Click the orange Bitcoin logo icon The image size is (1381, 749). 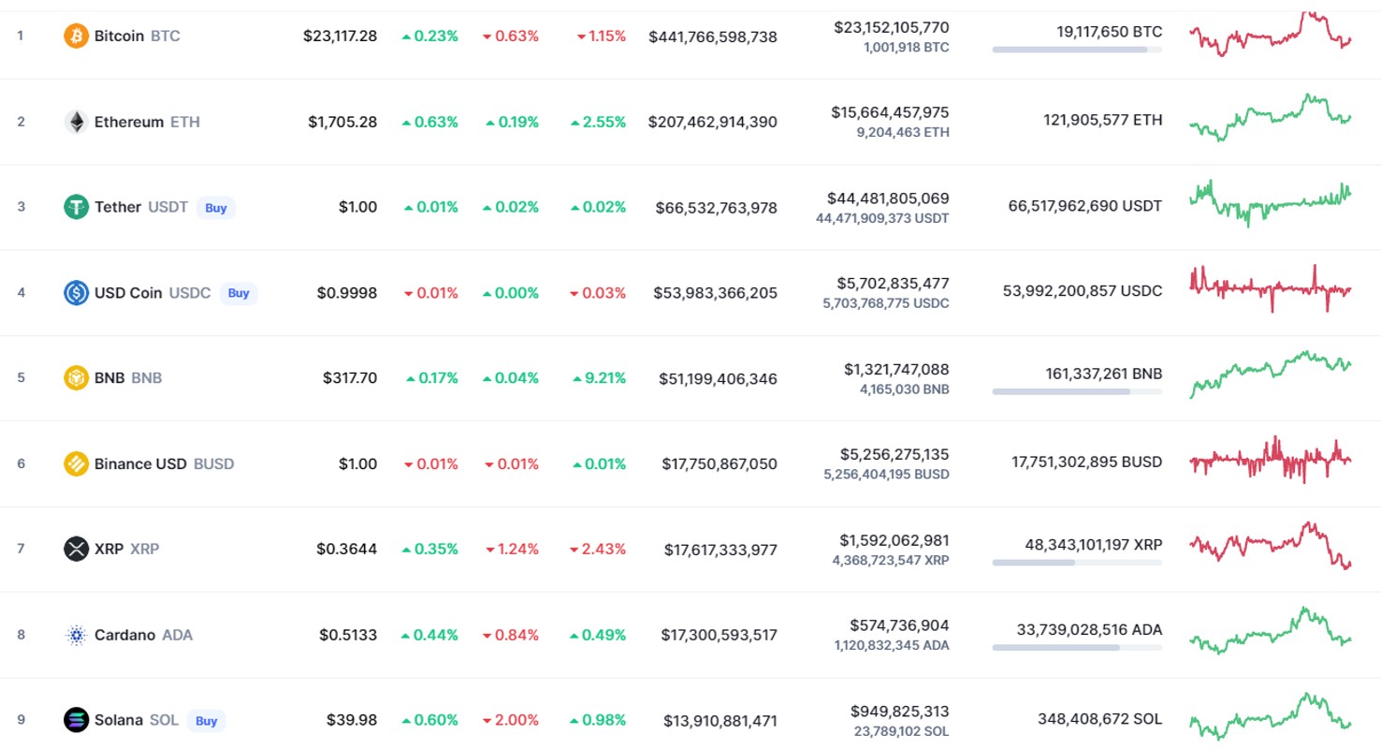point(76,36)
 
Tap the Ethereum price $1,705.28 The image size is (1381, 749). point(342,122)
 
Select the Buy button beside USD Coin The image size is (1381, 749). point(239,293)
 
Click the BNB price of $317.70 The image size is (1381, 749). point(350,377)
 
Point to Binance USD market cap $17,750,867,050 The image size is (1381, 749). point(719,464)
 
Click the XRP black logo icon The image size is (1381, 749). point(76,549)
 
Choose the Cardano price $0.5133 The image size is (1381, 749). point(348,635)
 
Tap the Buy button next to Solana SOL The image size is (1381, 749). point(206,721)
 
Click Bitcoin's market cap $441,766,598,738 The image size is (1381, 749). point(713,37)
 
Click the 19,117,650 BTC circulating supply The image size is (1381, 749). point(1109,32)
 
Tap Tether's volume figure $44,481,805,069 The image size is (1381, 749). point(888,198)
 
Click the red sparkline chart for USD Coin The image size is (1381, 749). point(1270,288)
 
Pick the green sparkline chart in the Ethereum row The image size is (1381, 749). point(1270,117)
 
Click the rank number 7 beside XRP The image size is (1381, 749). point(21,549)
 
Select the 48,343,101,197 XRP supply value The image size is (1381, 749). point(1094,545)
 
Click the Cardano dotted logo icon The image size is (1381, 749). point(76,635)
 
